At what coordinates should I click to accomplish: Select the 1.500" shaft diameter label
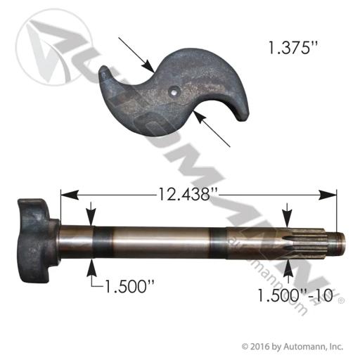pyautogui.click(x=129, y=286)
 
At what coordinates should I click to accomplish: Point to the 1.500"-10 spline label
pyautogui.click(x=295, y=295)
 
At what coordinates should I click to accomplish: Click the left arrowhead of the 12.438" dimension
pyautogui.click(x=69, y=195)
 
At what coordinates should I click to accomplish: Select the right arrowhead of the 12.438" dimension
pyautogui.click(x=328, y=195)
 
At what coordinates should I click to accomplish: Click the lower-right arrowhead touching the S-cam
pyautogui.click(x=199, y=117)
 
